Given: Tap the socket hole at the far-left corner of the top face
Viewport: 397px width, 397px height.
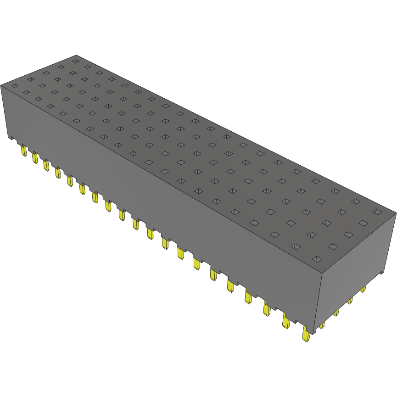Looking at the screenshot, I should click(15, 86).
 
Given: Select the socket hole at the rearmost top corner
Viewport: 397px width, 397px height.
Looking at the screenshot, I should click(75, 61).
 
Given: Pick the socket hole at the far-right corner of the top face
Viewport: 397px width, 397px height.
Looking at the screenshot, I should click(377, 212).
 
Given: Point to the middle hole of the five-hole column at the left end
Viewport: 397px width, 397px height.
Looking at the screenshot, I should click(46, 73).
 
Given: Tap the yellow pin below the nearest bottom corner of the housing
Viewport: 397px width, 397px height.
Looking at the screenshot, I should click(306, 335).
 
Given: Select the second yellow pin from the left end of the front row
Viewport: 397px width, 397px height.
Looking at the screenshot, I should click(34, 158).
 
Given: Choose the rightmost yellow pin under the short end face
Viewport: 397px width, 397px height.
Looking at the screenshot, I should click(363, 289).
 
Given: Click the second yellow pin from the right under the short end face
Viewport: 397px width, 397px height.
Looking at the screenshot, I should click(350, 301).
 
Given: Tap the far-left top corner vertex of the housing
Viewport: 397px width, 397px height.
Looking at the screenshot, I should click(1, 85).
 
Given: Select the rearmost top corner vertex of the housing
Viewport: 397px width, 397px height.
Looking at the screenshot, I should click(76, 55).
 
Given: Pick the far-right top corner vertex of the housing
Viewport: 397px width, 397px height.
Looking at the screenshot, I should click(396, 212).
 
